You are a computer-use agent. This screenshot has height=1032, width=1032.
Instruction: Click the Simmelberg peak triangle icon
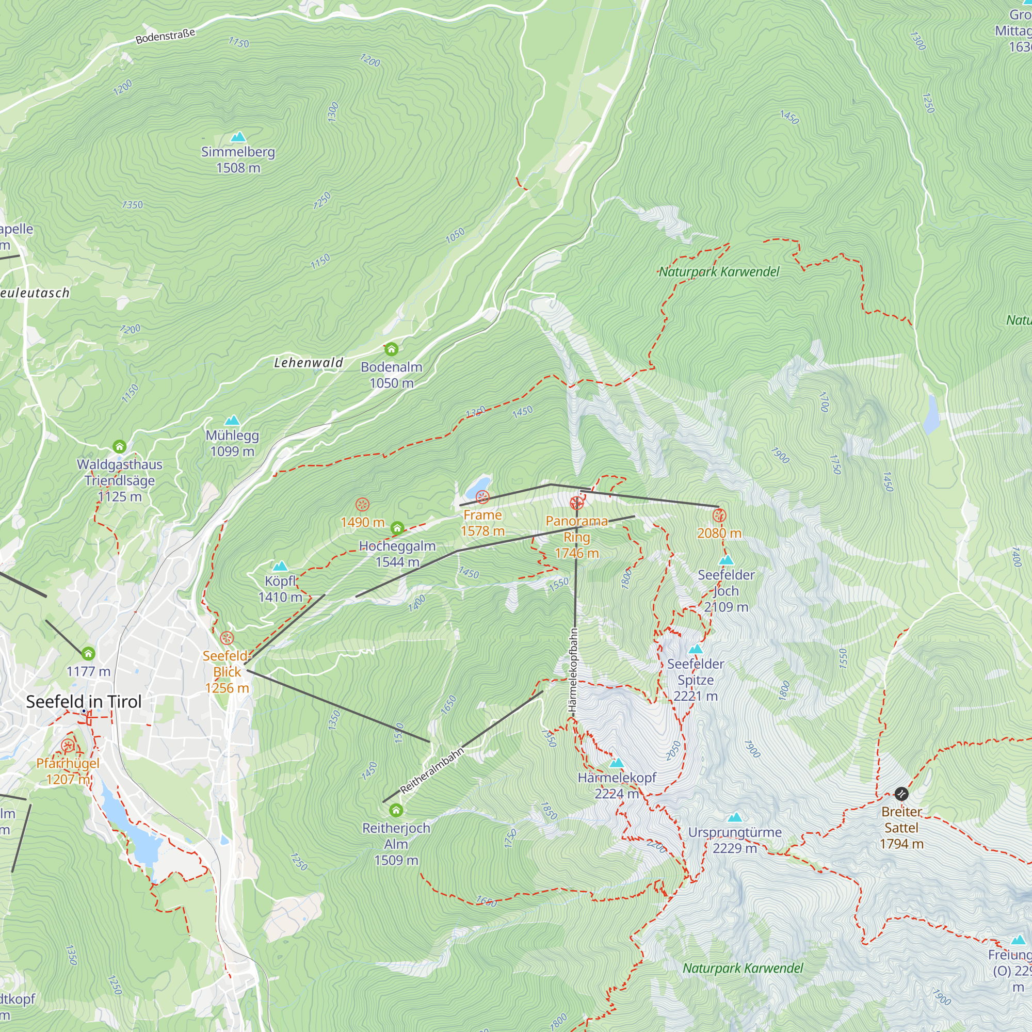[238, 137]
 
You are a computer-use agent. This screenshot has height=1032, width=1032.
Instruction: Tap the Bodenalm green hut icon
[391, 349]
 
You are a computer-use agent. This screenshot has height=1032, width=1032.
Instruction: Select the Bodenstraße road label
[165, 36]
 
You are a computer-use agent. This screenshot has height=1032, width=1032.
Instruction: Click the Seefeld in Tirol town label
[84, 701]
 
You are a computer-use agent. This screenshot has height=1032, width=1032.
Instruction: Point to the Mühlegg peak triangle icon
[232, 421]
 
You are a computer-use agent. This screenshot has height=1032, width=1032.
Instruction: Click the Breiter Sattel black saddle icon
[901, 794]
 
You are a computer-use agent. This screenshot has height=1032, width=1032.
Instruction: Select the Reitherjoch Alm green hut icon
[396, 810]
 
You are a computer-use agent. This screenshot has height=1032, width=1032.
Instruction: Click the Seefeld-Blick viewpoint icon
[227, 638]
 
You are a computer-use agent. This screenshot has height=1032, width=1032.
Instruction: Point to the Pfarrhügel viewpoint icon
[68, 746]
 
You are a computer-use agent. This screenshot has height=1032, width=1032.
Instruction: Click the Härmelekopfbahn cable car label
[573, 670]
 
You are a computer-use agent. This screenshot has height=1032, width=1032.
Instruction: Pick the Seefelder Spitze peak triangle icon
[695, 649]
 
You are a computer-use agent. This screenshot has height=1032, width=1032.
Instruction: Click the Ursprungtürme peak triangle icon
[735, 817]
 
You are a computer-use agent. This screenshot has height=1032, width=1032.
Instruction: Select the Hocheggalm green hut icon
[397, 528]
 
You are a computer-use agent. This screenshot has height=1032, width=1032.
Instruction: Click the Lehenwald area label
[308, 363]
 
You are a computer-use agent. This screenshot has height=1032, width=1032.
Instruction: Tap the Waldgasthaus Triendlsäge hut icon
[119, 446]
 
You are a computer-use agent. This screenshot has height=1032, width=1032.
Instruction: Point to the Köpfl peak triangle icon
[280, 566]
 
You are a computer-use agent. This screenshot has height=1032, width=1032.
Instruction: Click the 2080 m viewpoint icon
[719, 515]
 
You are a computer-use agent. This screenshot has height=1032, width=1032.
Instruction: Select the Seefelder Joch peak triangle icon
[726, 560]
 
